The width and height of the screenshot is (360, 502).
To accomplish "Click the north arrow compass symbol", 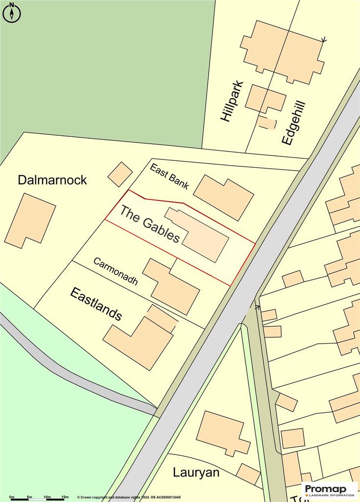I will pyautogui.click(x=12, y=13).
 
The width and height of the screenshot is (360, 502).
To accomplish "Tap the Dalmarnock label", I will pyautogui.click(x=52, y=180).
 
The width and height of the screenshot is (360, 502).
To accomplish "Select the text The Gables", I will pyautogui.click(x=150, y=224).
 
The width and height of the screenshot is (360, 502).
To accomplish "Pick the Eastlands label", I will pyautogui.click(x=96, y=304).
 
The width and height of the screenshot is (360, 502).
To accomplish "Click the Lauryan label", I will pyautogui.click(x=196, y=473).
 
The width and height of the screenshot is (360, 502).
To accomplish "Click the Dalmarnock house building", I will pyautogui.click(x=30, y=220).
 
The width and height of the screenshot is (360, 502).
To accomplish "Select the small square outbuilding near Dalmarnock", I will pyautogui.click(x=120, y=174).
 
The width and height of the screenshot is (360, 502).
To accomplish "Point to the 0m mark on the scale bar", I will pyautogui.click(x=11, y=497).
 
